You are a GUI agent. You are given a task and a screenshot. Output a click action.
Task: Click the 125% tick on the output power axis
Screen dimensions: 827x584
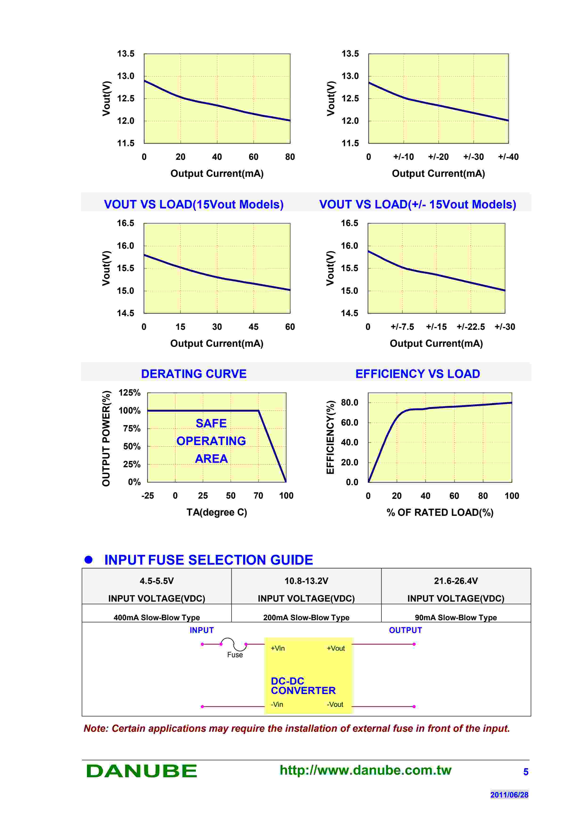130,393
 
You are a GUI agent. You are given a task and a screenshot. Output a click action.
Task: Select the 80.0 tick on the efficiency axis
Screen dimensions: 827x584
349,402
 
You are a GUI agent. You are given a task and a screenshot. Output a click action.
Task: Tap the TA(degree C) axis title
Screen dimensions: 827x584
217,512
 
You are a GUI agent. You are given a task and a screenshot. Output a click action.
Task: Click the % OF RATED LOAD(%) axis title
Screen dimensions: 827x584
440,512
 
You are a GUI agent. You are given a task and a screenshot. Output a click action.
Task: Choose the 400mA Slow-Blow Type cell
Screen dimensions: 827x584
156,617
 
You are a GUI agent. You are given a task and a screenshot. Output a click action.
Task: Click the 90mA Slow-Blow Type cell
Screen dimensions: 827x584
456,617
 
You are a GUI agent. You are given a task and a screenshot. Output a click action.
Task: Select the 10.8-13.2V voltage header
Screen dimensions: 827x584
306,581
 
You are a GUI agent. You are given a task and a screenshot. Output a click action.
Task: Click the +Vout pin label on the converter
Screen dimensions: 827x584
335,648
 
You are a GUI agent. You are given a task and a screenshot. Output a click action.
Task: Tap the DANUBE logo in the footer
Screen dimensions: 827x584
141,771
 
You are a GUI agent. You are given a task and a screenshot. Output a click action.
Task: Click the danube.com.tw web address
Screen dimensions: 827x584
365,770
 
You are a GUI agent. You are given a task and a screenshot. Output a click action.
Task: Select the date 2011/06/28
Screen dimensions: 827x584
509,794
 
